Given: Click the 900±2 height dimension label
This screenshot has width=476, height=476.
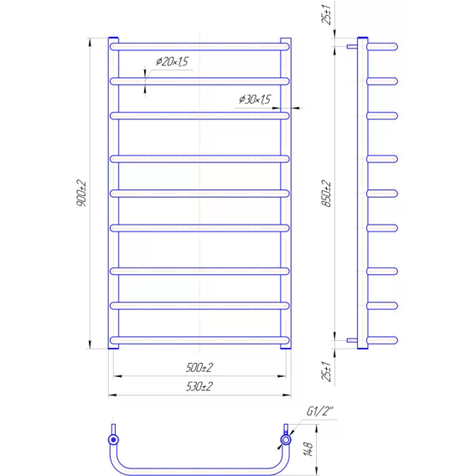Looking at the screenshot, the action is point(81,193).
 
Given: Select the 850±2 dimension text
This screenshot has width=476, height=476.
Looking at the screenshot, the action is point(326,194).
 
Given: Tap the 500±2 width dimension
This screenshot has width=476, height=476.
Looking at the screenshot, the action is point(199,368).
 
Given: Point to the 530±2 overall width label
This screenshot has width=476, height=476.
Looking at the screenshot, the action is point(199,386).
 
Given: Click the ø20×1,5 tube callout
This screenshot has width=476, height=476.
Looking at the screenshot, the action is point(172,61).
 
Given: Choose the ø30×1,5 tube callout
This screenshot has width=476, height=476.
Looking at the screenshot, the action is point(255,99).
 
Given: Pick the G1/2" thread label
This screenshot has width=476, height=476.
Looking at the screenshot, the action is point(319,411).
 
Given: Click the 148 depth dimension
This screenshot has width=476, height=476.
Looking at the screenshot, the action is point(308,449).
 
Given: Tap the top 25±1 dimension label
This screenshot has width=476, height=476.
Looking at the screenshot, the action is point(326,14).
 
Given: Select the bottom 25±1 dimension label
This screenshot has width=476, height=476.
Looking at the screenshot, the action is point(326,371).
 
